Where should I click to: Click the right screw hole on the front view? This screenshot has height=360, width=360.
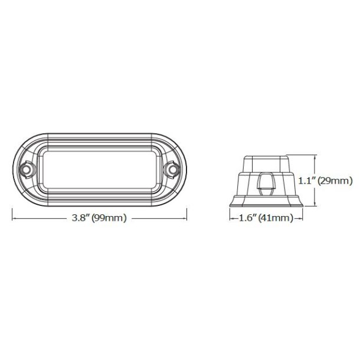pos(173,170)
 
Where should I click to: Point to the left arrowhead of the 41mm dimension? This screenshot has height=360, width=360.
pos(231,219)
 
